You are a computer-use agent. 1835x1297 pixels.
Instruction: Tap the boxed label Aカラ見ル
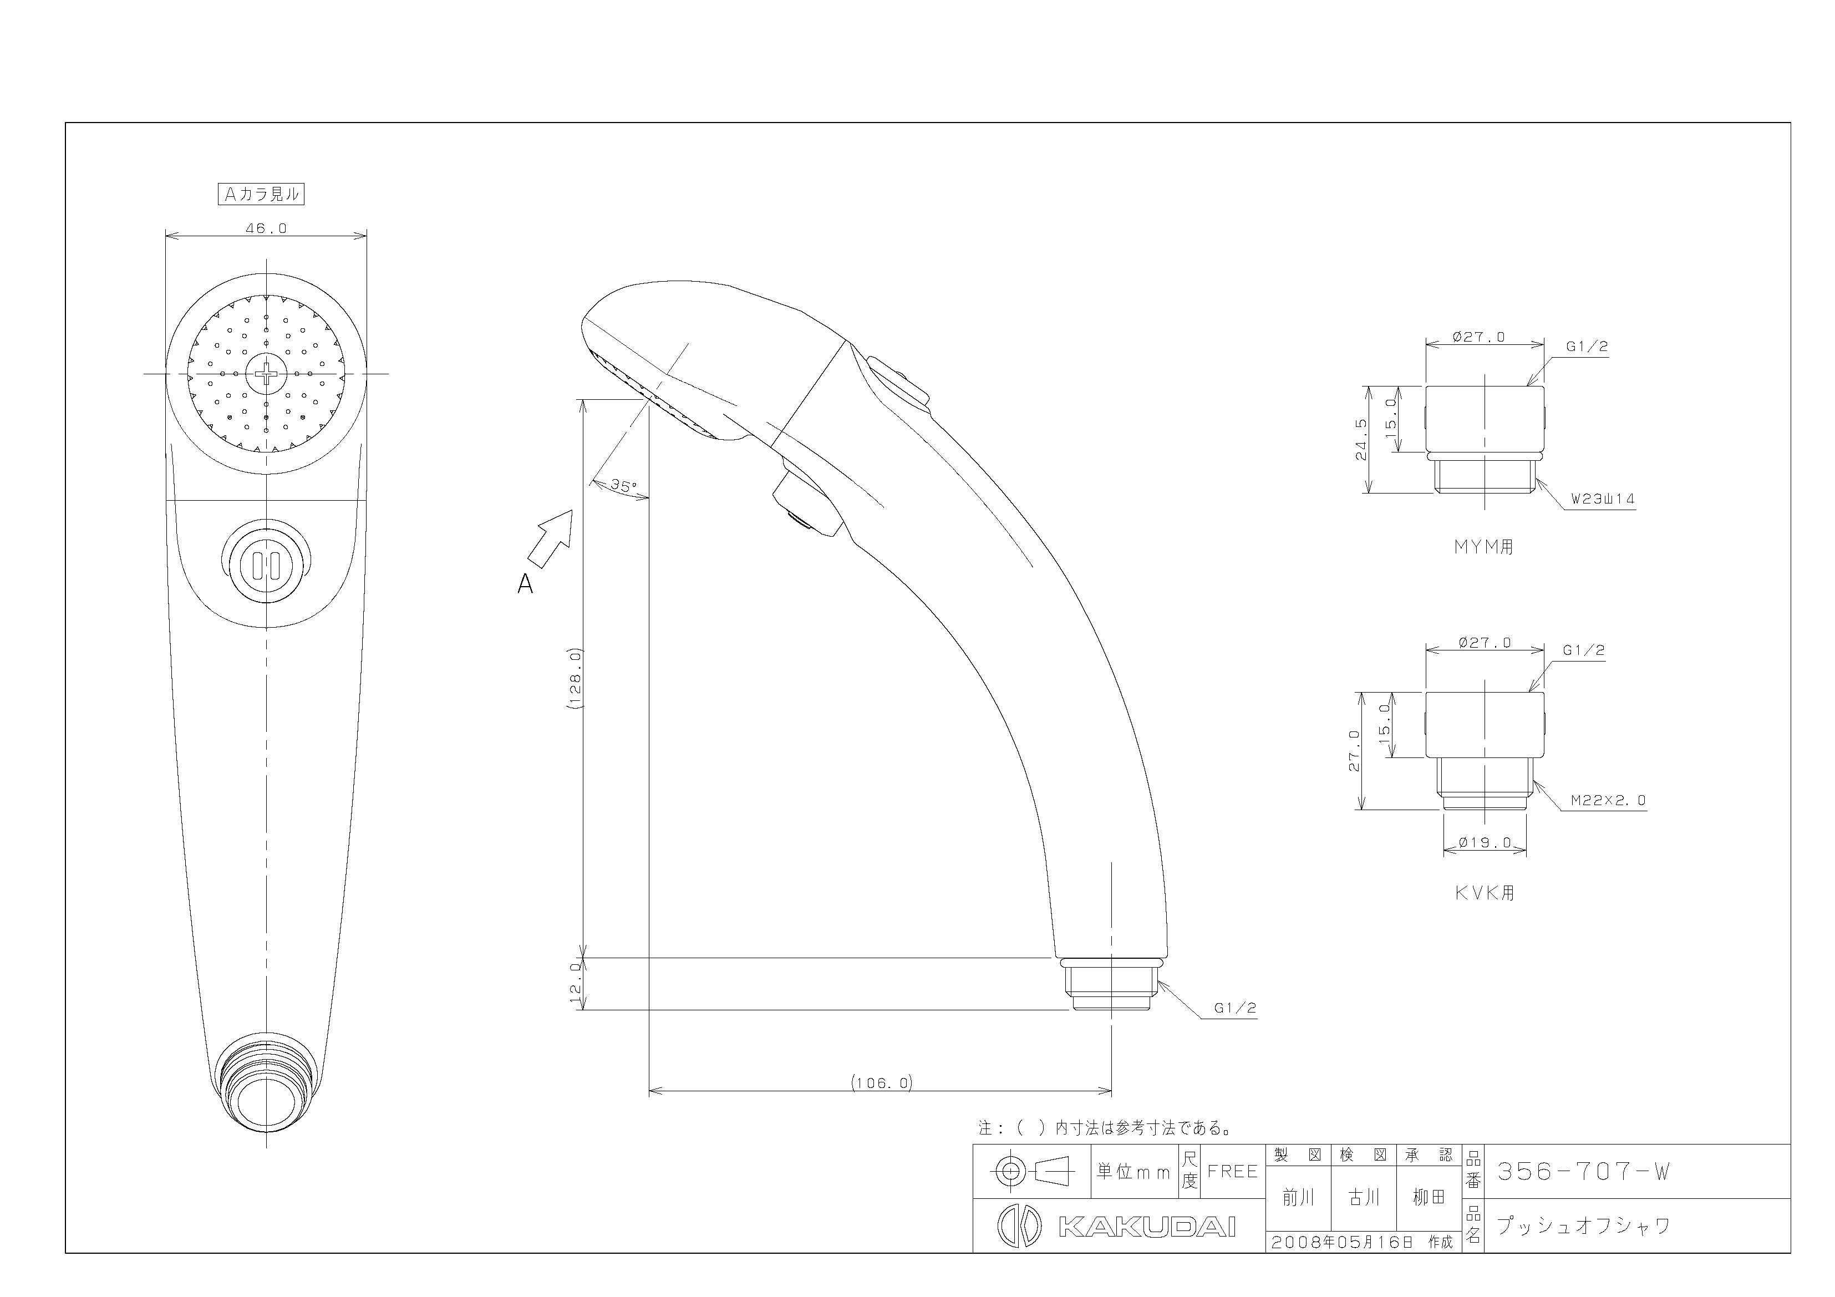point(261,194)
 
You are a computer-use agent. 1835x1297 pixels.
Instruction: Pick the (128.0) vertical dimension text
point(577,679)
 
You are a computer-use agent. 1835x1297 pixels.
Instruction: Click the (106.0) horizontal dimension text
point(882,1083)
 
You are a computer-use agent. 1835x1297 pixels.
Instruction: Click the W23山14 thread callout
point(1603,499)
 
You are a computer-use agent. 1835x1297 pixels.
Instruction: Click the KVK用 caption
point(1484,893)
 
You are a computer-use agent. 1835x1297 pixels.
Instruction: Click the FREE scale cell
point(1232,1172)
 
